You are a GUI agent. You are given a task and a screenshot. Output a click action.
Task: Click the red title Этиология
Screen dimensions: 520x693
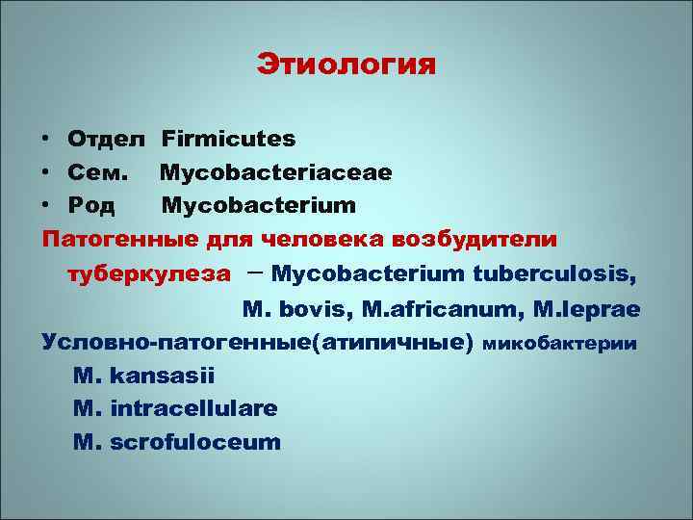pos(346,65)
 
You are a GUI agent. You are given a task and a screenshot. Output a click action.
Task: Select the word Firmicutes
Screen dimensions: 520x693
pos(228,139)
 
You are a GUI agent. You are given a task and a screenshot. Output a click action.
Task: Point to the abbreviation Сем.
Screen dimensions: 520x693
pos(97,172)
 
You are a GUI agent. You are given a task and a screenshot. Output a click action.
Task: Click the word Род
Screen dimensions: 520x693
pos(92,205)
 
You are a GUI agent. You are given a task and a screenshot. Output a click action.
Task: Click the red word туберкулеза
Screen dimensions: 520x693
pos(148,273)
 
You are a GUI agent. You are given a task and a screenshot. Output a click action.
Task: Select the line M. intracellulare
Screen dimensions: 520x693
pos(175,408)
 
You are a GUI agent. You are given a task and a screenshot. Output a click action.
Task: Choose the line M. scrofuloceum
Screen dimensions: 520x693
pos(177,442)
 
